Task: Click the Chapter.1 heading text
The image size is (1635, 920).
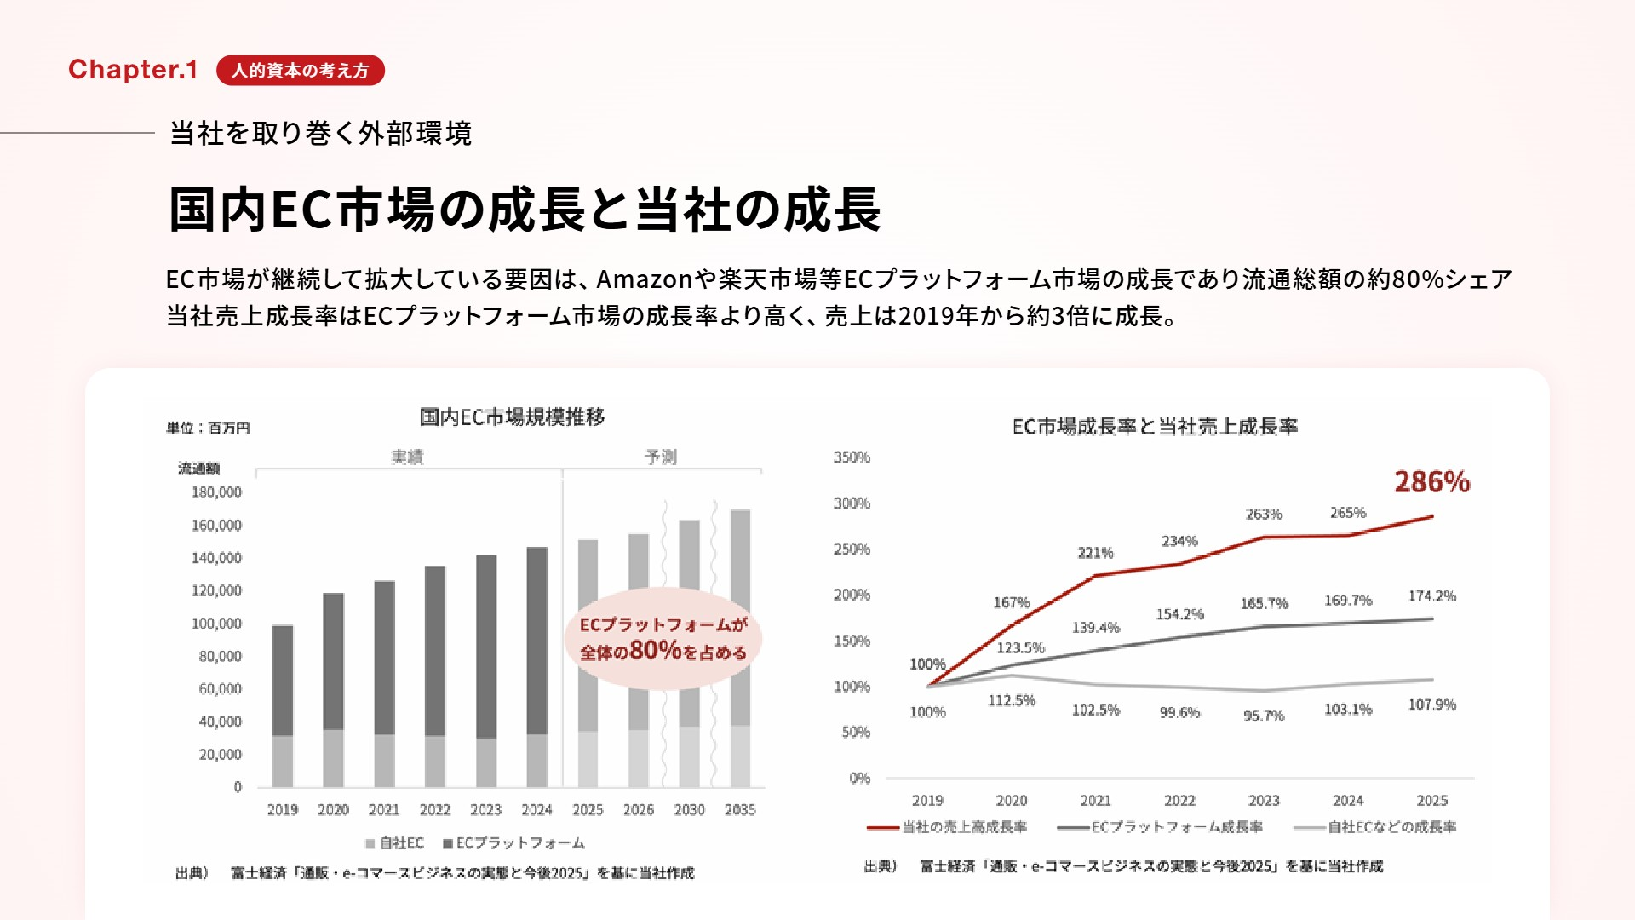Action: click(x=133, y=70)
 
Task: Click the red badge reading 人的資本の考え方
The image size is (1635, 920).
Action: click(x=300, y=71)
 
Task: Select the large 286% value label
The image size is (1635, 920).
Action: click(x=1431, y=482)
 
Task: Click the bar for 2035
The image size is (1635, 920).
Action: click(x=740, y=647)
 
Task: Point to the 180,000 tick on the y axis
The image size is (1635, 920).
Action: click(x=216, y=492)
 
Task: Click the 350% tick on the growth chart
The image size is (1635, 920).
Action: click(x=852, y=457)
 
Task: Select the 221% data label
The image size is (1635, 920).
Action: click(x=1095, y=553)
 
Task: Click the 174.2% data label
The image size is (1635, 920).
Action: click(x=1431, y=596)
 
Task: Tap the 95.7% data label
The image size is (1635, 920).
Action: click(x=1264, y=716)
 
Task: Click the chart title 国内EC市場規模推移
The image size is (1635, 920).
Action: click(x=513, y=417)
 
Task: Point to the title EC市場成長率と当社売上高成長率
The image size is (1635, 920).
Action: click(x=1155, y=427)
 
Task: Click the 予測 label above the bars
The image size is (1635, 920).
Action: click(x=661, y=457)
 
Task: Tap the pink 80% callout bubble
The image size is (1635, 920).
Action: click(x=663, y=639)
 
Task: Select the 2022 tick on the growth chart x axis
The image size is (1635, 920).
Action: click(x=1179, y=801)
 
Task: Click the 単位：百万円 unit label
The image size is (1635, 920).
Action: click(x=208, y=428)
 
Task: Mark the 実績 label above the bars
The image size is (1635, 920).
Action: click(x=407, y=457)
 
